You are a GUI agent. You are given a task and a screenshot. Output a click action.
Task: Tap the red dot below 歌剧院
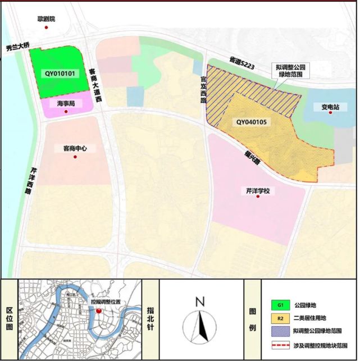click(47, 27)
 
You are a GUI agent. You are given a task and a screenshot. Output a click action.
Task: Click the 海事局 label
click(66, 104)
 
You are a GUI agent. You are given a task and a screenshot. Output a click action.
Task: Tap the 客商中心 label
click(75, 149)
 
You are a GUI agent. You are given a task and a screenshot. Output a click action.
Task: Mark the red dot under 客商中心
click(75, 157)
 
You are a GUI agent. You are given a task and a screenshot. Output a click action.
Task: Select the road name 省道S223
click(242, 62)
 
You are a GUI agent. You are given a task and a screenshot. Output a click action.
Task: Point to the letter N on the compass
click(199, 302)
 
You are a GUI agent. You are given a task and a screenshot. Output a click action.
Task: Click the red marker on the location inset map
click(98, 309)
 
